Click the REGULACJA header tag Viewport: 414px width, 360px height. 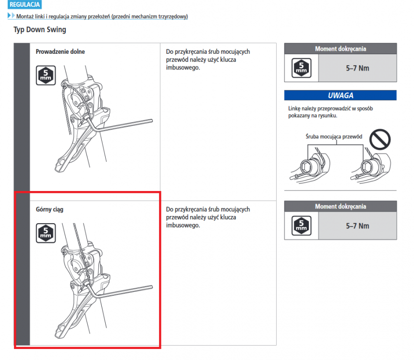coord(24,4)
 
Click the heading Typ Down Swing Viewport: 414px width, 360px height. coord(40,30)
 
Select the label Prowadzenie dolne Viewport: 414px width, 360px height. coord(60,51)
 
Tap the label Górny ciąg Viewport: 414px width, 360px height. coord(49,210)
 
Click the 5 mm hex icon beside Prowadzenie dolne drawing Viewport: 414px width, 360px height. coord(46,75)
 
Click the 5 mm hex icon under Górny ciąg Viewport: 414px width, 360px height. coord(46,233)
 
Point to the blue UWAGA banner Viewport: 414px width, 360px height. coord(341,95)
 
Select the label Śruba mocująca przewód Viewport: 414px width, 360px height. coord(334,136)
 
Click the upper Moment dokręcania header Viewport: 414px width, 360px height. coord(341,49)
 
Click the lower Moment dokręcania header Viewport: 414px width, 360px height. coord(341,206)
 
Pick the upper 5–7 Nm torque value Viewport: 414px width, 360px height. coord(357,68)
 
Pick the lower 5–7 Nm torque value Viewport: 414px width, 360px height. coord(357,226)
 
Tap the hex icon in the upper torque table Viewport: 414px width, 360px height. coord(301,68)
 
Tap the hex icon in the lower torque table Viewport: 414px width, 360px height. coord(301,226)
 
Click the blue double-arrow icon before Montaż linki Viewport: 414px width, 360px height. coord(12,15)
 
